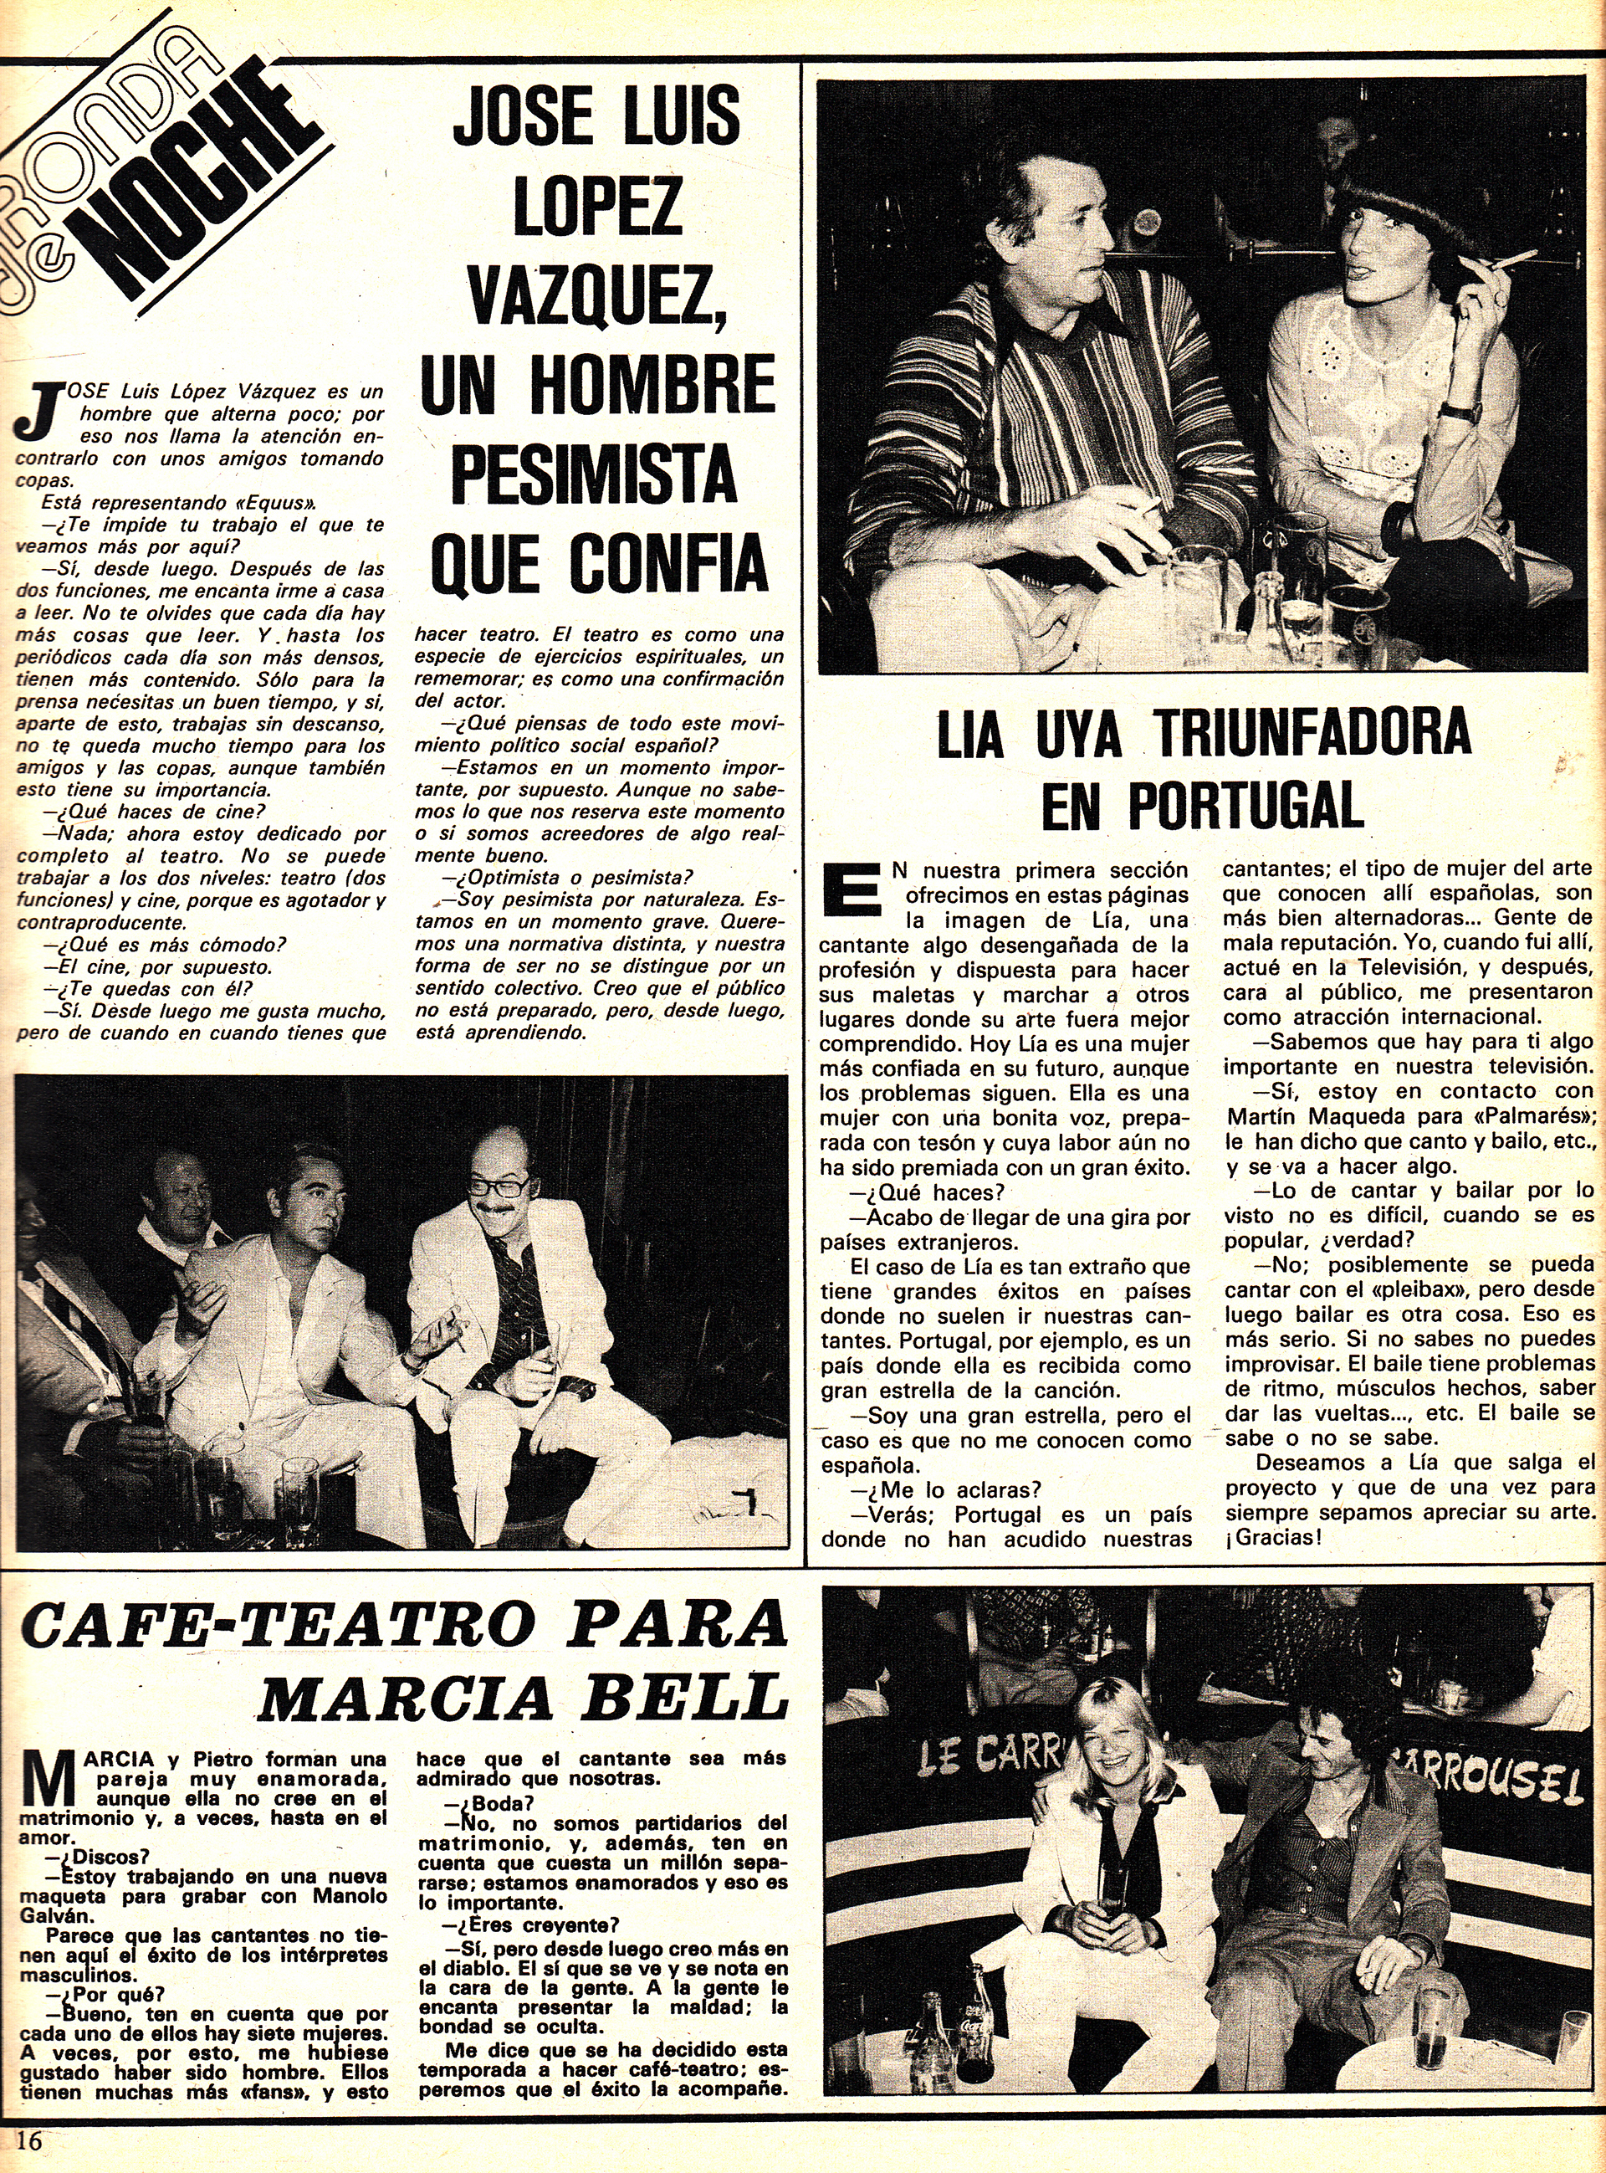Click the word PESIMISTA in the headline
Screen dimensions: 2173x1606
pyautogui.click(x=596, y=474)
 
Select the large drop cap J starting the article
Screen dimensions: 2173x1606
pyautogui.click(x=38, y=412)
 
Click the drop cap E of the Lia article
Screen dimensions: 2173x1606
pyautogui.click(x=852, y=888)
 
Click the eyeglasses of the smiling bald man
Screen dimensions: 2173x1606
pyautogui.click(x=499, y=1187)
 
